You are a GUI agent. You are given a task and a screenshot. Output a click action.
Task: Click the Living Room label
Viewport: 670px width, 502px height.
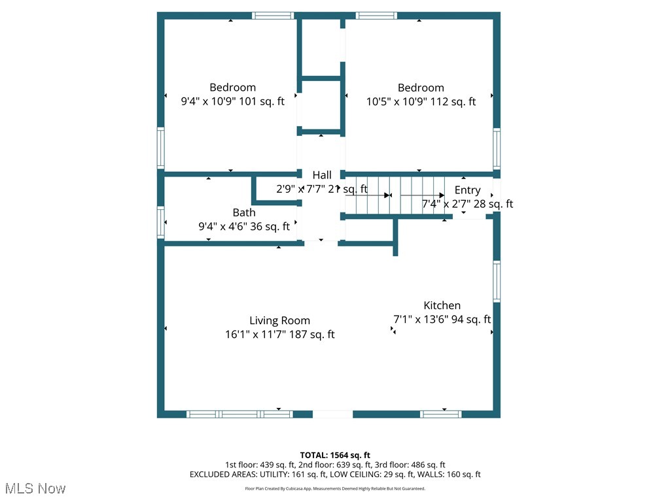tap(279, 320)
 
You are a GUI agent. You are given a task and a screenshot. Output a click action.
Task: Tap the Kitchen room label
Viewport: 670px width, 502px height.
tap(442, 305)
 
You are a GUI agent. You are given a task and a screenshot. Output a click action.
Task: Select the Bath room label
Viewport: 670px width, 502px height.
tap(244, 212)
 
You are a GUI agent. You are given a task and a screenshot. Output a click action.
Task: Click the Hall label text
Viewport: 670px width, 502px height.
tap(321, 175)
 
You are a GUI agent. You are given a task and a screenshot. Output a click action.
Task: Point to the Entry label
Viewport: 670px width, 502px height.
tap(467, 190)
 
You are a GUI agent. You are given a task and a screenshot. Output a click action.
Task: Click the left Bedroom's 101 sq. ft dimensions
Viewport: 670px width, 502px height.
tap(232, 101)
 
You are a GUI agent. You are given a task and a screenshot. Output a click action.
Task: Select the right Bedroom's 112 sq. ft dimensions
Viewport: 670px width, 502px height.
tap(421, 101)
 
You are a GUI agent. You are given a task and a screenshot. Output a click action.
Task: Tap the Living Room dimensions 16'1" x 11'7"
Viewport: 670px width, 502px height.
tap(279, 334)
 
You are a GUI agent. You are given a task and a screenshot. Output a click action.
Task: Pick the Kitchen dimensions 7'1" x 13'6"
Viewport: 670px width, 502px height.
tap(442, 320)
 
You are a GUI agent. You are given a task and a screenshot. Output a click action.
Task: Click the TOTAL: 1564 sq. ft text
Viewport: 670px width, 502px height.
tap(335, 455)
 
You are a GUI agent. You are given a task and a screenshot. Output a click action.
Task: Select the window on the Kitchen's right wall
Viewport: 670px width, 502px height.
tap(497, 282)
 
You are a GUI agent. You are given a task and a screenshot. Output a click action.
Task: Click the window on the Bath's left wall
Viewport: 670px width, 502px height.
tap(160, 222)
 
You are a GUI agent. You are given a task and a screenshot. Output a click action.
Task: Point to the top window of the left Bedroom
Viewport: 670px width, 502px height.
tap(273, 16)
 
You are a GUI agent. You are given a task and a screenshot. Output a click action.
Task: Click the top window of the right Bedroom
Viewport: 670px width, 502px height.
tap(376, 16)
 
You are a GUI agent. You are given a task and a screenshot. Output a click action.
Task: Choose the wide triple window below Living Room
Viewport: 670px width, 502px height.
tap(239, 414)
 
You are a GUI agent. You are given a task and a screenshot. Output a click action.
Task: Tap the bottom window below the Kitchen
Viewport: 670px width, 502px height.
tap(440, 414)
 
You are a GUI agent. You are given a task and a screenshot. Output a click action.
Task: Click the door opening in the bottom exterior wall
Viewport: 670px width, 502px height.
tap(332, 414)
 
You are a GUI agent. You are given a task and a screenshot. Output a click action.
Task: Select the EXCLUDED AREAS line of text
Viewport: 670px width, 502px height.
tap(335, 475)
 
